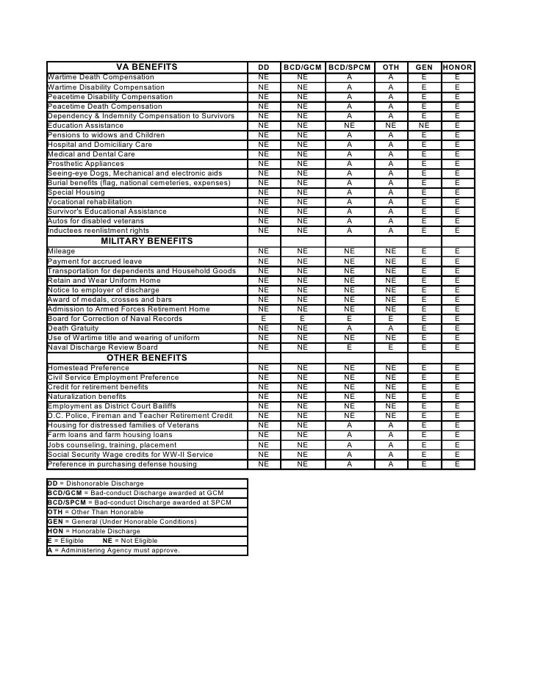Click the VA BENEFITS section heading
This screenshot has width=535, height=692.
click(x=147, y=68)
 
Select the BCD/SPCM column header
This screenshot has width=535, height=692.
click(x=349, y=68)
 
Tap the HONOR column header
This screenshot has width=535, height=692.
click(x=457, y=68)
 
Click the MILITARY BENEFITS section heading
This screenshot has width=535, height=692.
click(x=147, y=241)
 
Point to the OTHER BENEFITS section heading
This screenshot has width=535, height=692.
click(x=147, y=358)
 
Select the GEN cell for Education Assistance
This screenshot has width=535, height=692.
click(x=423, y=126)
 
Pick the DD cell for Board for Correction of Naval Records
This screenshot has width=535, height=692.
click(x=263, y=319)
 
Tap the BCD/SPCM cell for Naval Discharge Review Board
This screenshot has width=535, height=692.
click(x=349, y=347)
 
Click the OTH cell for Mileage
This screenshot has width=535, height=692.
click(x=390, y=251)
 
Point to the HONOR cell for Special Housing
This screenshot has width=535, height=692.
click(x=457, y=192)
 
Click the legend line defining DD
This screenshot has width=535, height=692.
click(x=96, y=483)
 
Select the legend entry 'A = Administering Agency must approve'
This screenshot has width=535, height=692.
click(x=114, y=550)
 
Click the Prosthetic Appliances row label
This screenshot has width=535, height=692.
click(x=86, y=164)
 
